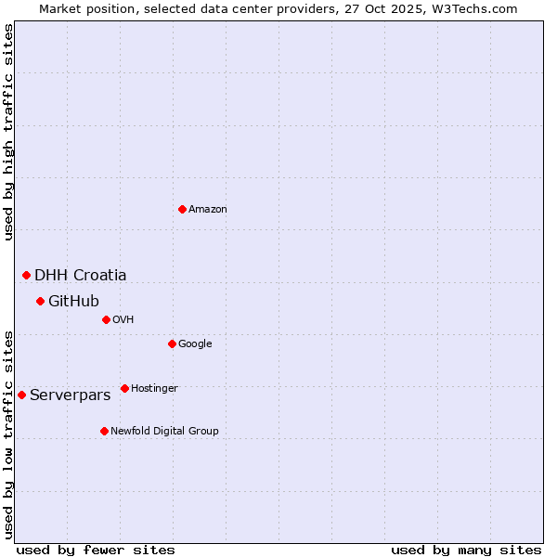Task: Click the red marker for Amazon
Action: click(182, 209)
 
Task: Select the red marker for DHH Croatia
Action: click(26, 275)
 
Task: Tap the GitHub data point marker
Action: click(40, 301)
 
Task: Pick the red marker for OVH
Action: click(106, 319)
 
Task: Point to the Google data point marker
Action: click(172, 343)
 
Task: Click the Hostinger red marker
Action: click(124, 388)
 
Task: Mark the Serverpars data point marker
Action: click(21, 395)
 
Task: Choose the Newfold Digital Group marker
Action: click(104, 431)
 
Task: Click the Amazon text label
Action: click(208, 210)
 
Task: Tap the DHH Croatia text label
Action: click(81, 275)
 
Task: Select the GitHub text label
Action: click(73, 301)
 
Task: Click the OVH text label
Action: click(123, 320)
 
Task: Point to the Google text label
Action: click(195, 344)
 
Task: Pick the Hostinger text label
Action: click(154, 389)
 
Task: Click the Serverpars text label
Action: click(70, 395)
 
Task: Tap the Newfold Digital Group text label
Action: click(164, 432)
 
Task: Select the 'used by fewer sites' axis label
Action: click(96, 550)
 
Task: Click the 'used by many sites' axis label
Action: click(466, 550)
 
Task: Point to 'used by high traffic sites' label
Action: click(8, 132)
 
